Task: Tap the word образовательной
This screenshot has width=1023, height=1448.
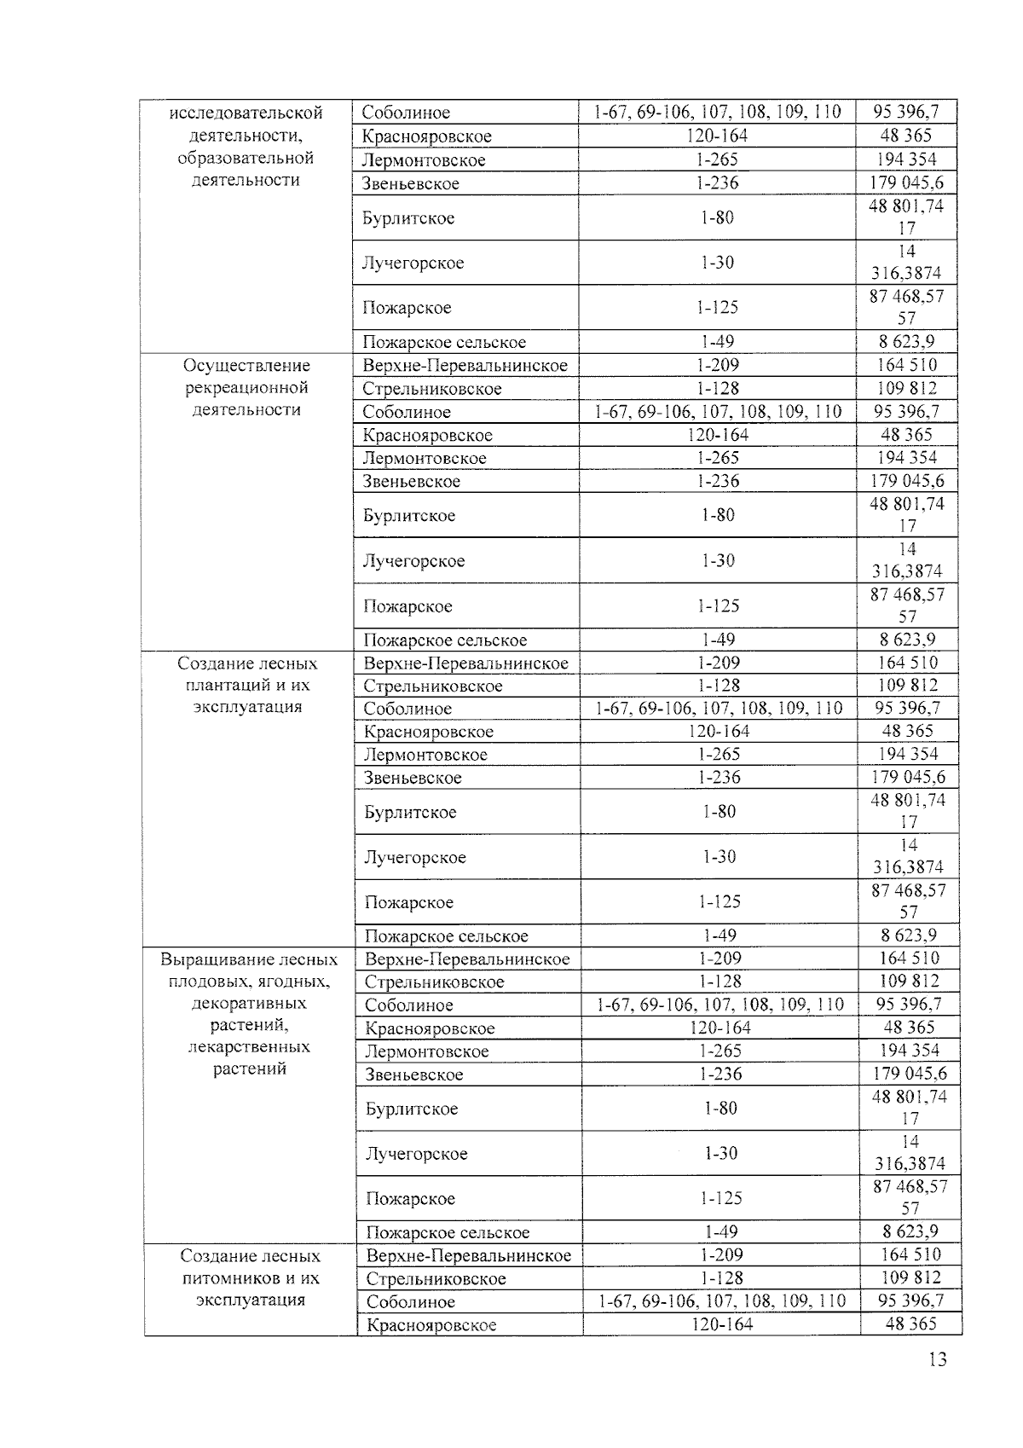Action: (246, 158)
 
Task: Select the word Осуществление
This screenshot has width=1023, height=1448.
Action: (246, 366)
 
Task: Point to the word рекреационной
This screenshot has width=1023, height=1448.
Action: (246, 388)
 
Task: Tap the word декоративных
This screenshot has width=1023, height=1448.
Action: (249, 1004)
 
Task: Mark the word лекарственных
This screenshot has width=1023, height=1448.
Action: (249, 1047)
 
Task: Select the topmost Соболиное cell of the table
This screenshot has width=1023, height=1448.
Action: (406, 113)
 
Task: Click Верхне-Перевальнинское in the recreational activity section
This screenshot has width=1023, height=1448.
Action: (465, 366)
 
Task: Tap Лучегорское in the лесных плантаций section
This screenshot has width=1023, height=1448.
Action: (415, 857)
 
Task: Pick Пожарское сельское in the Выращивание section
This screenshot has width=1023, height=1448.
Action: (448, 1232)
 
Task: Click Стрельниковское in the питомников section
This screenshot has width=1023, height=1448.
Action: (436, 1278)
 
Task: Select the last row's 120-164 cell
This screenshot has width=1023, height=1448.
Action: (721, 1324)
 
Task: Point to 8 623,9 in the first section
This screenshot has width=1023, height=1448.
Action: (906, 341)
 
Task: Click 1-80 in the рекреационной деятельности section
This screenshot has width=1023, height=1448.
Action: (718, 515)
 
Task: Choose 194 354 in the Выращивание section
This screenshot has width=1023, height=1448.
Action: (910, 1051)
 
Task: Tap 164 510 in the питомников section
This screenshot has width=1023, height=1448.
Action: (910, 1254)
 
